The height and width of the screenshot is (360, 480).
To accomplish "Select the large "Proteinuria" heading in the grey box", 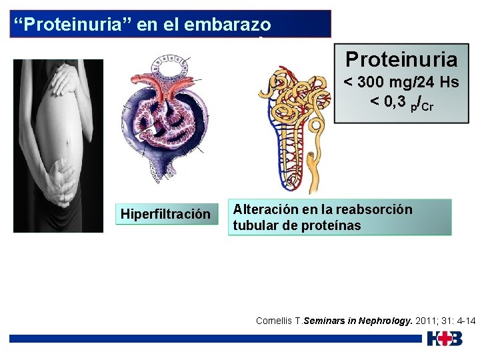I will coord(401,60).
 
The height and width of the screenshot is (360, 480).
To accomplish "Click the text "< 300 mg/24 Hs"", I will coord(401,83).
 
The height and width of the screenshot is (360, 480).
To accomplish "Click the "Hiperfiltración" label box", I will coord(166,214).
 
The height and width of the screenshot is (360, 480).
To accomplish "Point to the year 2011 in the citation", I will coord(425,321).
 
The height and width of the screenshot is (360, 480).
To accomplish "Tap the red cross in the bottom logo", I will coord(445,339).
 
